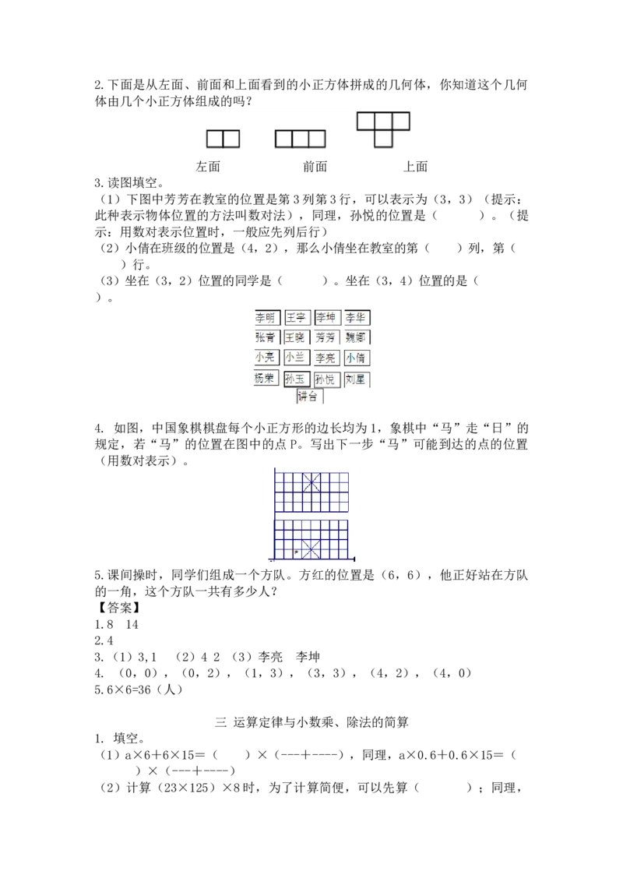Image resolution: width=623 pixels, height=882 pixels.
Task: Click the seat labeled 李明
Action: click(266, 318)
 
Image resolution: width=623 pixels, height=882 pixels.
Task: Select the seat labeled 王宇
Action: click(297, 318)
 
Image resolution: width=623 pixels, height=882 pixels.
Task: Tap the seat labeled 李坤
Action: click(326, 318)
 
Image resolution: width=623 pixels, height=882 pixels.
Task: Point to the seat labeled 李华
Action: click(357, 318)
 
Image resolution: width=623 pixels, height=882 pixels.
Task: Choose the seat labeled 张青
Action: click(266, 337)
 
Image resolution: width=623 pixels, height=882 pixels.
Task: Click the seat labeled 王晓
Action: click(296, 337)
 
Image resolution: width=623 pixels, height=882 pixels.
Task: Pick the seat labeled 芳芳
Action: click(326, 337)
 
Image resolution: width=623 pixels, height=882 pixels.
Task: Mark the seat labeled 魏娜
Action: click(357, 337)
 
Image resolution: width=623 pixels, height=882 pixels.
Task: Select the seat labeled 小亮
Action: click(266, 358)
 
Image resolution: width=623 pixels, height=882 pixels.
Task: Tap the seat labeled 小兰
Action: click(296, 358)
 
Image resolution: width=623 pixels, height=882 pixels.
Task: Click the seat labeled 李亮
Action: click(326, 358)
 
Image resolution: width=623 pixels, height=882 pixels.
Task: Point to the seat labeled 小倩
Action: click(357, 358)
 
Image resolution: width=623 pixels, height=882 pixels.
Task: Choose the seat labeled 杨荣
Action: click(266, 379)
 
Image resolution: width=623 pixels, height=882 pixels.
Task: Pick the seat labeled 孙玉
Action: click(296, 379)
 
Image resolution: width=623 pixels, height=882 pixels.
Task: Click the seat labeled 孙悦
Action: click(326, 379)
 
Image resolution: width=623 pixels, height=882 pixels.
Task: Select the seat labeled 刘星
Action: click(357, 379)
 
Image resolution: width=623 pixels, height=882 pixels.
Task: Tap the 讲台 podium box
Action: click(310, 397)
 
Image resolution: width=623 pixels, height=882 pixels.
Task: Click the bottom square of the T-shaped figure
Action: click(382, 139)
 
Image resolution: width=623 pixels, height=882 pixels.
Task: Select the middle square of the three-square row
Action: click(300, 139)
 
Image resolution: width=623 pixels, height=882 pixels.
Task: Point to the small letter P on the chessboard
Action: click(297, 552)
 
